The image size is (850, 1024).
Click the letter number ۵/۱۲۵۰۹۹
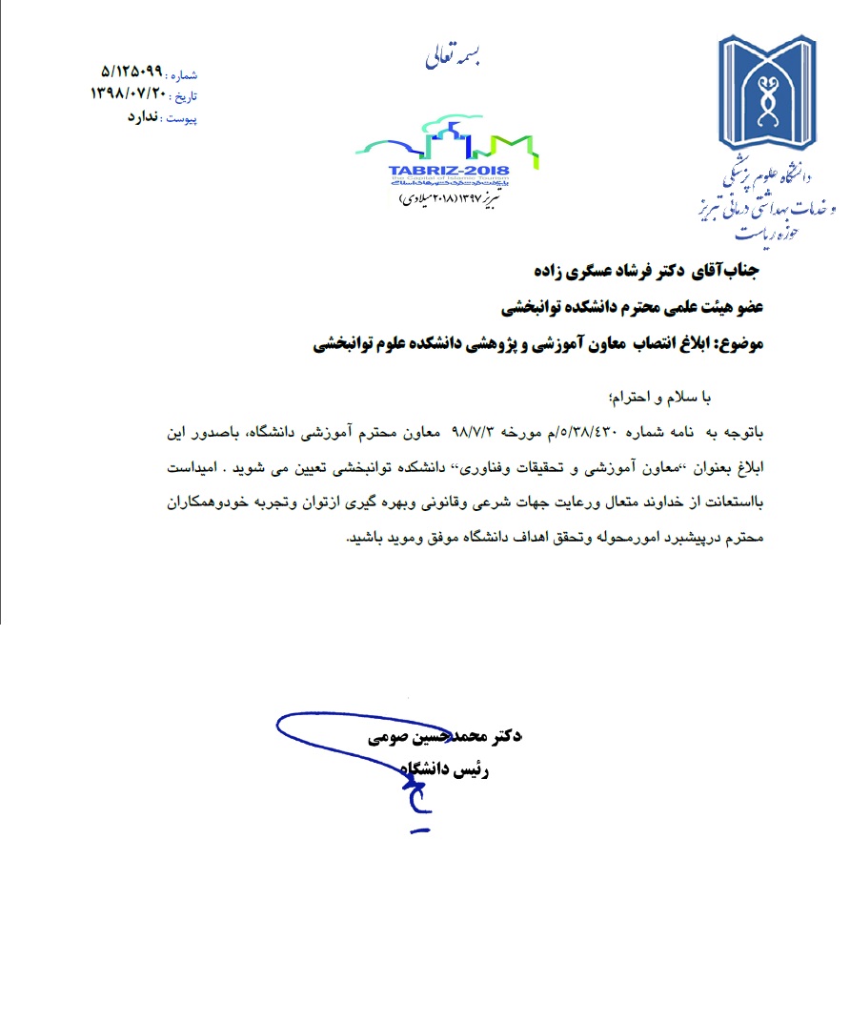(x=132, y=73)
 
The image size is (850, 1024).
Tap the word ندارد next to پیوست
(x=145, y=117)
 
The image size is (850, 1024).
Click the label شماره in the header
(x=182, y=74)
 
